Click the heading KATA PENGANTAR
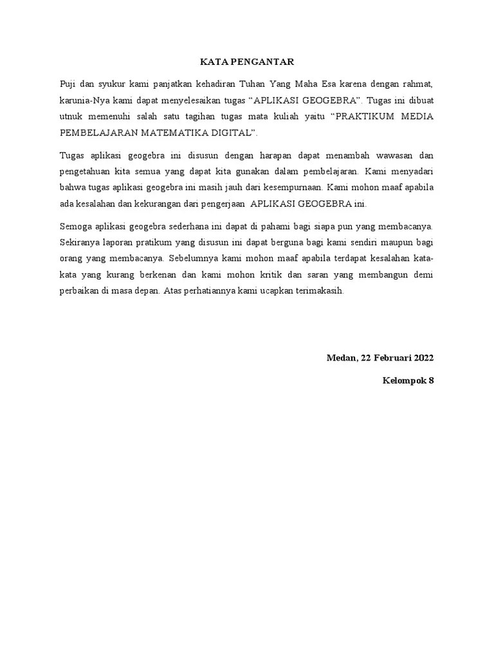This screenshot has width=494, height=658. tap(247, 62)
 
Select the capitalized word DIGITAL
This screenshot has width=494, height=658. tap(233, 132)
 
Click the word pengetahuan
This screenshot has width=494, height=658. tap(86, 172)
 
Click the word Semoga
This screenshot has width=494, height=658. tap(75, 226)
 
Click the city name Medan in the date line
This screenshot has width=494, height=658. tap(341, 357)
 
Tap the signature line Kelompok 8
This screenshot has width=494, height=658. tap(408, 380)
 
